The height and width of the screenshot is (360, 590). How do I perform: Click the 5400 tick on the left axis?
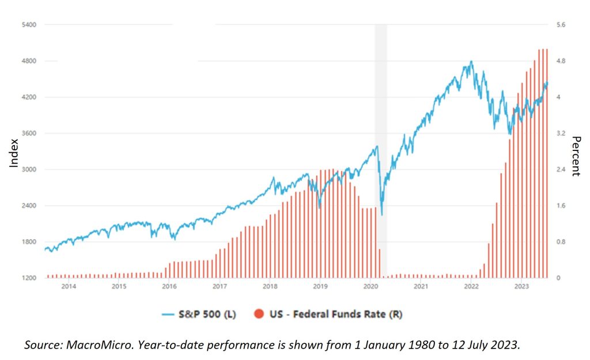coord(29,25)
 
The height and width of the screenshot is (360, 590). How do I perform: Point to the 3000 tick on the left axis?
coord(29,169)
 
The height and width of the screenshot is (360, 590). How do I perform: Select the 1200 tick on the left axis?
coord(29,278)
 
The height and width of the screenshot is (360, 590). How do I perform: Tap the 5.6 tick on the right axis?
coord(561,25)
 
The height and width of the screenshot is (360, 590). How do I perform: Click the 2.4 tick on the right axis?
coord(561,169)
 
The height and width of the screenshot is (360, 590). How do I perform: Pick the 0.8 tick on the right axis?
coord(561,242)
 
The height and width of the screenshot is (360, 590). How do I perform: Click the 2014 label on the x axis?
coord(69,286)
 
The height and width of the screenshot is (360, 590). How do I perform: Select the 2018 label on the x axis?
coord(270,286)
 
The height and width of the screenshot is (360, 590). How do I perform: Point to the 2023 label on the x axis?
coord(521,286)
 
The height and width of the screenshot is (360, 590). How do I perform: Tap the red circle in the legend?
coord(259,314)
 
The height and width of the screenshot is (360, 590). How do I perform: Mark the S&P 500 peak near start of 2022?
coord(471,61)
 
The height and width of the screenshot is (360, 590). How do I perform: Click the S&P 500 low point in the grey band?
coord(381,215)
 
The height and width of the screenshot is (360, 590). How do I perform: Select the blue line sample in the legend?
coord(168,314)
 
